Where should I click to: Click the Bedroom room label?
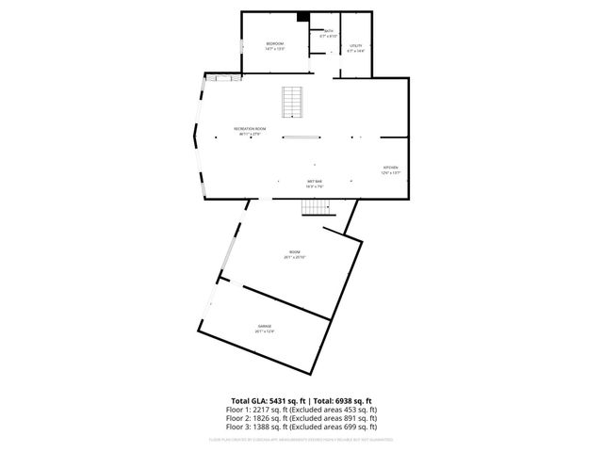coord(274,44)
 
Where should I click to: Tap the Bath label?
coord(329,31)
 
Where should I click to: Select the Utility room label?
coord(355,45)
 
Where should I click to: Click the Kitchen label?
coord(391,168)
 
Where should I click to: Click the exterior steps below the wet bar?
coord(319,206)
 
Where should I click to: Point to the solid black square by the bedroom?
coord(303,16)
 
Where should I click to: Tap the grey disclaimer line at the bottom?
coord(301,439)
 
